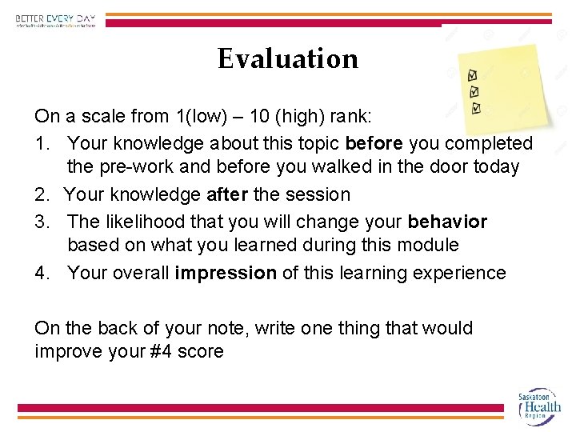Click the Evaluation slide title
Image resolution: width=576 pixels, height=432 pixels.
point(288,58)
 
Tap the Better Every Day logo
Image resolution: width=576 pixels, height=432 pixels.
point(55,20)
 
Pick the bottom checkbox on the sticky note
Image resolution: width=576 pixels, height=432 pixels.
point(477,107)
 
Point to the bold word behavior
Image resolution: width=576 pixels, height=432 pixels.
point(447,221)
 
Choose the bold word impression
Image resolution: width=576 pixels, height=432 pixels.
point(226,273)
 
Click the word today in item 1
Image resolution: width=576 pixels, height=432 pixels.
point(494,167)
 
